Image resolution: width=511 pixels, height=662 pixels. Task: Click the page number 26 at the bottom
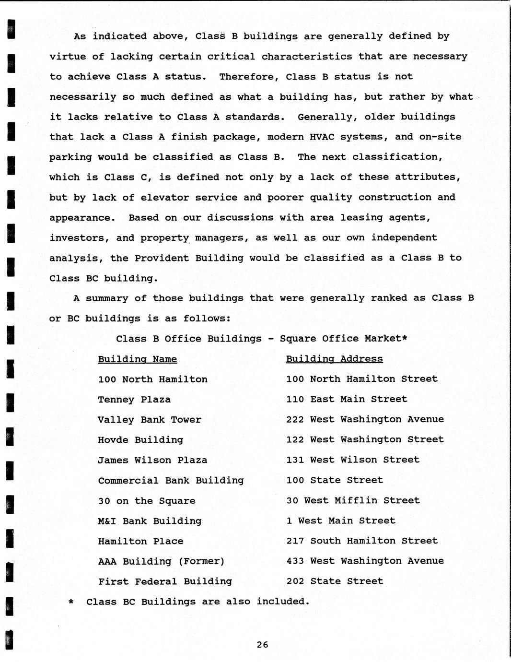[x=262, y=645]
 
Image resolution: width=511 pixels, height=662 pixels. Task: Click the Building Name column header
[x=138, y=359]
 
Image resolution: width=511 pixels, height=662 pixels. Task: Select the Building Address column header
[x=334, y=359]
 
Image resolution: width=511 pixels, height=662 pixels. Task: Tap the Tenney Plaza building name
[x=134, y=400]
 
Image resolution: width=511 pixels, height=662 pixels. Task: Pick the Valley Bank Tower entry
[x=150, y=420]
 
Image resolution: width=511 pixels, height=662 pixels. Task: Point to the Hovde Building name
[x=140, y=440]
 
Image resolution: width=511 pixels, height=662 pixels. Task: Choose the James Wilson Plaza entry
[x=152, y=460]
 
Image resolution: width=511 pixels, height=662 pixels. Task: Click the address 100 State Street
[x=335, y=480]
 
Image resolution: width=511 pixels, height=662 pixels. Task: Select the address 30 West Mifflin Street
[x=353, y=500]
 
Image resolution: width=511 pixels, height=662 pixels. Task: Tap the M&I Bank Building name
[x=150, y=521]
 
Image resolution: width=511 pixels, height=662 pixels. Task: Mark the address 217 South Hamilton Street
[x=362, y=541]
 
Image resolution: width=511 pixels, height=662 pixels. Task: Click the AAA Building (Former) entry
[x=161, y=561]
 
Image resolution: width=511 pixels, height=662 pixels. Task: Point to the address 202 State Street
[x=335, y=581]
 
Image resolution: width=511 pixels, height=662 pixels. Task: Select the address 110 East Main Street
[x=347, y=399]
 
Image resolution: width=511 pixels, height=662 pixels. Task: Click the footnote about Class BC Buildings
[x=197, y=602]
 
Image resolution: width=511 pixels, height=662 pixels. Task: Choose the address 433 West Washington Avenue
[x=365, y=561]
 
